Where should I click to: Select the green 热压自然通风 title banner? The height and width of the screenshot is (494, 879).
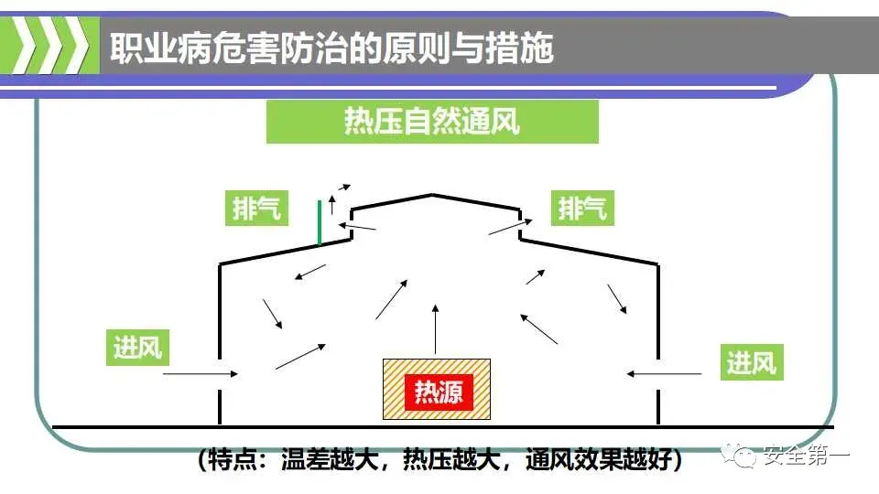(432, 122)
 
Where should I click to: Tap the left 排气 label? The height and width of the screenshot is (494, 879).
(257, 209)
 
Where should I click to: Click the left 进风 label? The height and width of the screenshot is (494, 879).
(138, 348)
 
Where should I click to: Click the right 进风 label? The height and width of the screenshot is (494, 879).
(752, 363)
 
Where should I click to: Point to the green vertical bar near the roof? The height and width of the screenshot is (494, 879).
(320, 223)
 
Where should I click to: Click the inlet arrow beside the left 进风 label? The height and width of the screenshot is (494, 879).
(201, 373)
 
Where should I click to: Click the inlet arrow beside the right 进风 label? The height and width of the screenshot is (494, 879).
(664, 373)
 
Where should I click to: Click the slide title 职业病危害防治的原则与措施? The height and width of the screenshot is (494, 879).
(331, 48)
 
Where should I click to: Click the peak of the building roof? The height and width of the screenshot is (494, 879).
(433, 194)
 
